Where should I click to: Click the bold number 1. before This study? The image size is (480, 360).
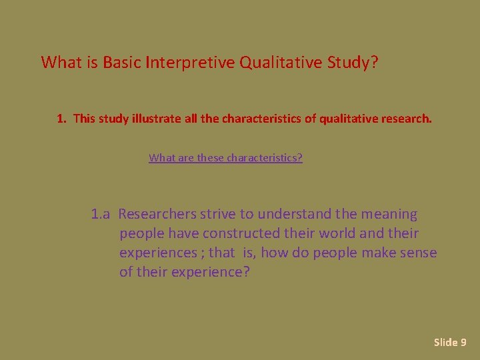coord(62,119)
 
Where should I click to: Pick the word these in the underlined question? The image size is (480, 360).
coord(211,158)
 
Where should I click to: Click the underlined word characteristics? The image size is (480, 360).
coord(265,158)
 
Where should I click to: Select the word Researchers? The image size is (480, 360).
coord(158,215)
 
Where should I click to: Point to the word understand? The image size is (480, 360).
coord(293,215)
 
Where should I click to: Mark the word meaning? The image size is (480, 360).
coord(389,215)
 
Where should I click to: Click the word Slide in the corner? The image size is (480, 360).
coord(445,343)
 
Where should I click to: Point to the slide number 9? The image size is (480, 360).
coord(463,343)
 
